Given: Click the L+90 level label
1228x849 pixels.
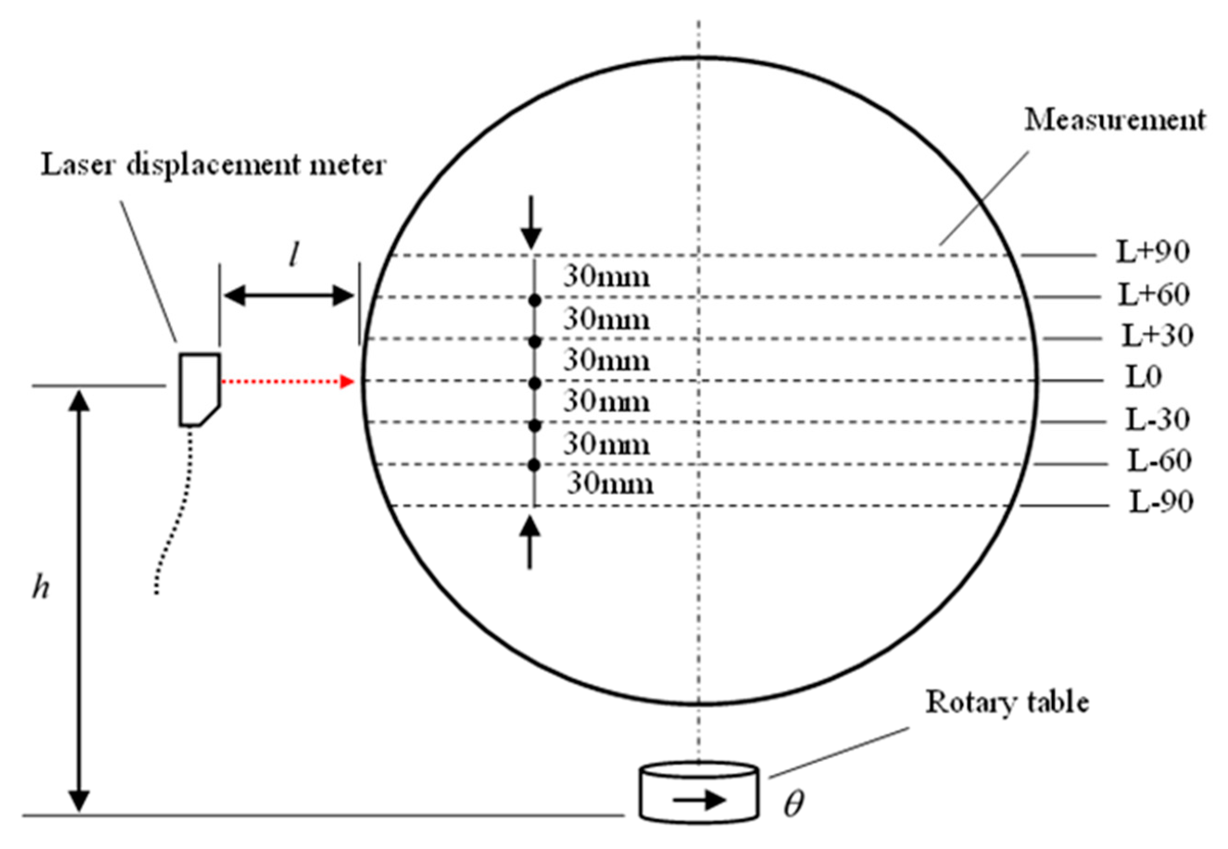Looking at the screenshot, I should (1152, 252).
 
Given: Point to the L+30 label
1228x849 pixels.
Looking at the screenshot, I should (1157, 336).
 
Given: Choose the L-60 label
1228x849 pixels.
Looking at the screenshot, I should (1159, 461).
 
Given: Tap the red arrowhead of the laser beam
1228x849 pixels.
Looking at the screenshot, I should (347, 381).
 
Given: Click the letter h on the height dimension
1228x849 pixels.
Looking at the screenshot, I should (41, 587).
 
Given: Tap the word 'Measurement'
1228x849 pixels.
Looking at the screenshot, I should (1115, 120).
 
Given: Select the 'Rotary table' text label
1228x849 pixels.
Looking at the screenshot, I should (1007, 702).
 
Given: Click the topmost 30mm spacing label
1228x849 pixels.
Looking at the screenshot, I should (606, 277).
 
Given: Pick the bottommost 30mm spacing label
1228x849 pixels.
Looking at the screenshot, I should (610, 484).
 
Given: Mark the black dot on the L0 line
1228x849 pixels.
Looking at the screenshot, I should (535, 383).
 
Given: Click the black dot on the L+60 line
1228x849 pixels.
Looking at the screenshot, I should (535, 301).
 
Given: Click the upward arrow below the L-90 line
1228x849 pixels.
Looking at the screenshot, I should (529, 542).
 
